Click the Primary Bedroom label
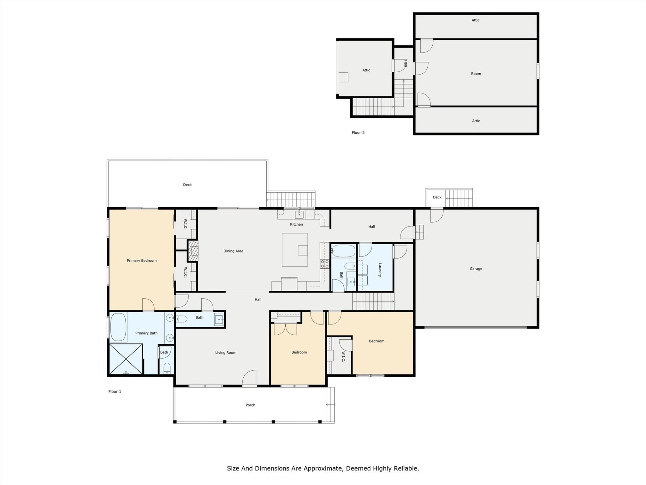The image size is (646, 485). tap(141, 261)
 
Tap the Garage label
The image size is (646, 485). tap(476, 269)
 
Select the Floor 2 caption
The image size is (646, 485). tap(358, 133)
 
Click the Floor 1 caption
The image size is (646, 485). tap(115, 391)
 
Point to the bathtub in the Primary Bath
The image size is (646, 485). tap(118, 327)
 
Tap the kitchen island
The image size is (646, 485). tap(295, 250)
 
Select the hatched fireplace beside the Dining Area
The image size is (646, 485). tap(193, 251)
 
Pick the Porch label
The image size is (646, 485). tap(250, 405)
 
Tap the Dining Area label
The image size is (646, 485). tap(233, 251)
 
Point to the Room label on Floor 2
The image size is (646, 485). tap(476, 74)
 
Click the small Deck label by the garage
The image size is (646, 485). tap(437, 197)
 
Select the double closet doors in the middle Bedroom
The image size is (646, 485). tap(285, 329)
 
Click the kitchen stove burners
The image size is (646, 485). tap(324, 264)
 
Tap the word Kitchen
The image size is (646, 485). tap(296, 224)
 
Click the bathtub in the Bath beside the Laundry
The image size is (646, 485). tap(343, 251)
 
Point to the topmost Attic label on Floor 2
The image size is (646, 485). tap(475, 20)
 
